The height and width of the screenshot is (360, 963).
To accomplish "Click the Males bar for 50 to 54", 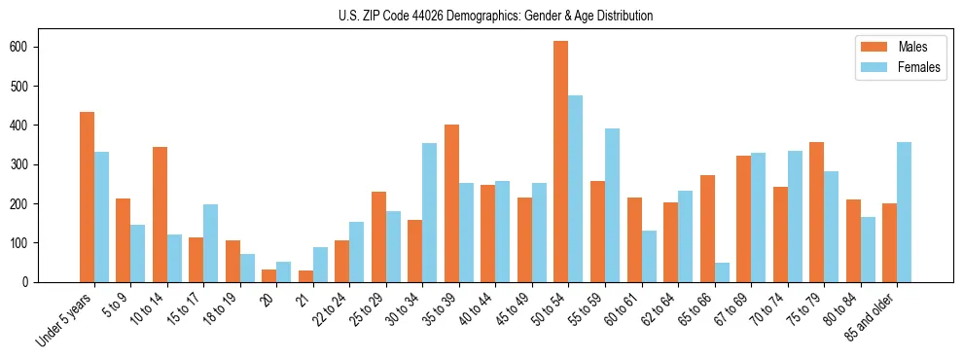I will (561, 162).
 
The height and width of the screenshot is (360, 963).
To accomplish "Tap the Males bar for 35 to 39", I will (451, 203).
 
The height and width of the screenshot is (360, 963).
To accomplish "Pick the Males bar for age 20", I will (269, 276).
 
